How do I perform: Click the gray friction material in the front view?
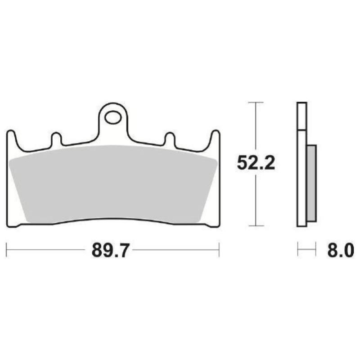click(x=112, y=184)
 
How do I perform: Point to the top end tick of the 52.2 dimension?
click(x=256, y=103)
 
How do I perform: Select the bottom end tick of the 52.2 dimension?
click(x=256, y=226)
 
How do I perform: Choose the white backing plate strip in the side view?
click(x=302, y=180)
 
